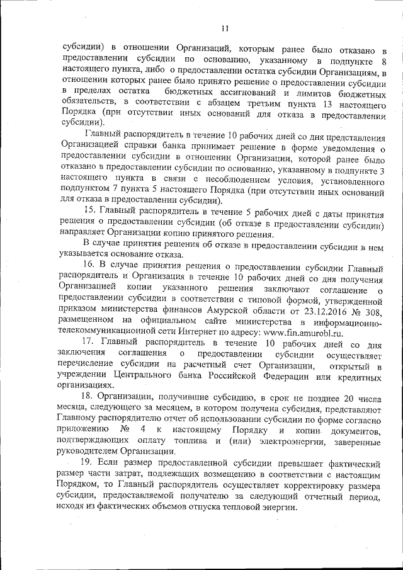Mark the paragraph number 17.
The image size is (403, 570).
pyautogui.click(x=90, y=344)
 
